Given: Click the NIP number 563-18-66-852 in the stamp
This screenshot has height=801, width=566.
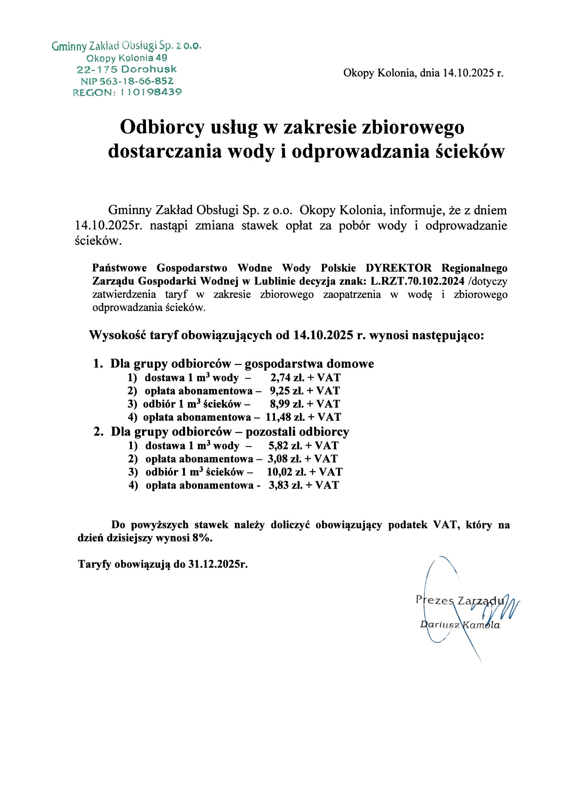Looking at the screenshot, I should pos(136,81).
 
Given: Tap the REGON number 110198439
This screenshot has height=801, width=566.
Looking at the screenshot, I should pos(151,92).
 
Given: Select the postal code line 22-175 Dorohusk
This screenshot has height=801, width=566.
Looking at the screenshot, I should pos(127,69).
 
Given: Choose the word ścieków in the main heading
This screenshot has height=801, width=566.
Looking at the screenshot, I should pos(470,151).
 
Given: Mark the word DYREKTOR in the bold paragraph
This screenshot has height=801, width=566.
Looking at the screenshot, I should pos(398,268).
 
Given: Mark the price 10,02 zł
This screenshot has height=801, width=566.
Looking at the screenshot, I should pos(287,472).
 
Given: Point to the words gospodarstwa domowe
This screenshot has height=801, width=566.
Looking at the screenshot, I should pos(309,363).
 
